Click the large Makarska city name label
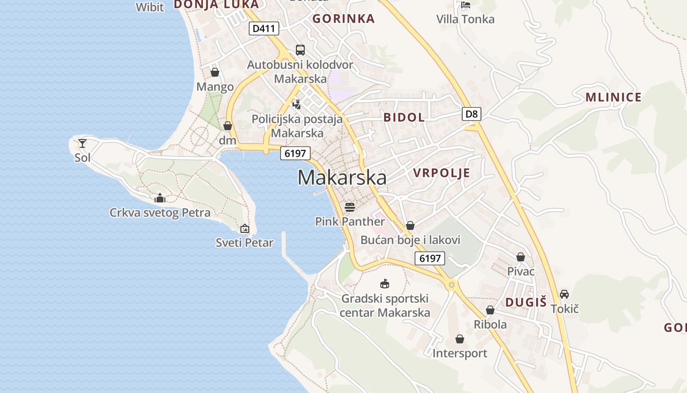coord(342,177)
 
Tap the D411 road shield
coord(264,28)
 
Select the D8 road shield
coord(471,114)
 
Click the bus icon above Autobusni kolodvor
coord(300,50)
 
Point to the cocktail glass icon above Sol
coord(82,143)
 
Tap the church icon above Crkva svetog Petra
coord(159,198)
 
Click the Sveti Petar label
coord(244,242)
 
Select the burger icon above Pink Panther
coord(349,207)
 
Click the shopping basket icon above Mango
coord(215,73)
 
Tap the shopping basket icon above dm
coord(227,126)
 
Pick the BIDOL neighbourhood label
coord(404,117)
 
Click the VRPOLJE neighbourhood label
coord(442,173)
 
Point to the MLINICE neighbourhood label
coord(613,97)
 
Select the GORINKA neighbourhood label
coord(343,19)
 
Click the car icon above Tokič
coord(564,294)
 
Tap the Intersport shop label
coord(460,353)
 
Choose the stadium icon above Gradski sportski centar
coord(385,284)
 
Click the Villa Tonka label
coord(465,19)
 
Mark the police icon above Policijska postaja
coord(296,104)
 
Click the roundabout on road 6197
coord(451,284)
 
